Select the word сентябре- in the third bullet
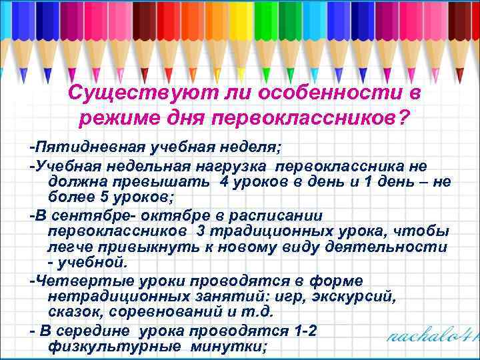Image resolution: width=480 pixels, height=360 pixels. tap(94, 215)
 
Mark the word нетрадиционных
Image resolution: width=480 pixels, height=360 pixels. tap(119, 295)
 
